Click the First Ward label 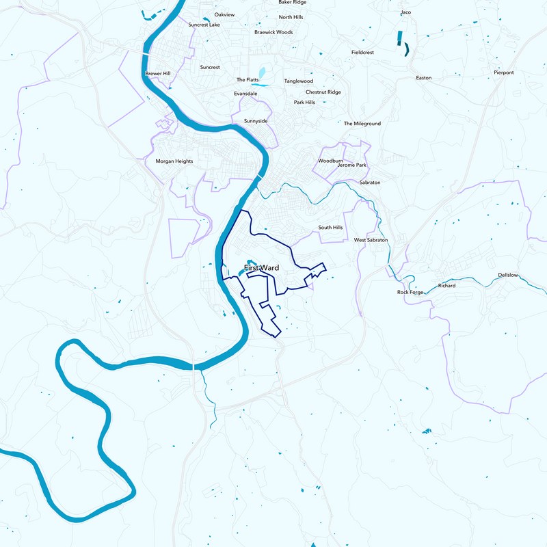pos(261,268)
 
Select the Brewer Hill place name pos(157,73)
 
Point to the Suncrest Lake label pos(204,25)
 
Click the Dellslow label pos(509,275)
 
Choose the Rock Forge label pos(411,292)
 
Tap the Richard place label pos(446,286)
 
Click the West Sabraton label pos(371,241)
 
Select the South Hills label pos(330,228)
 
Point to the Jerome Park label pos(352,165)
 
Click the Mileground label pos(362,124)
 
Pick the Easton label pos(424,78)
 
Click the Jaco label pos(405,12)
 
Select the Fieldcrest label pos(363,52)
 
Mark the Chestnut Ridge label pos(323,92)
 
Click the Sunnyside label pos(256,121)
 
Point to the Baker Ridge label pos(292,3)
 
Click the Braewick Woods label pos(273,32)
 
